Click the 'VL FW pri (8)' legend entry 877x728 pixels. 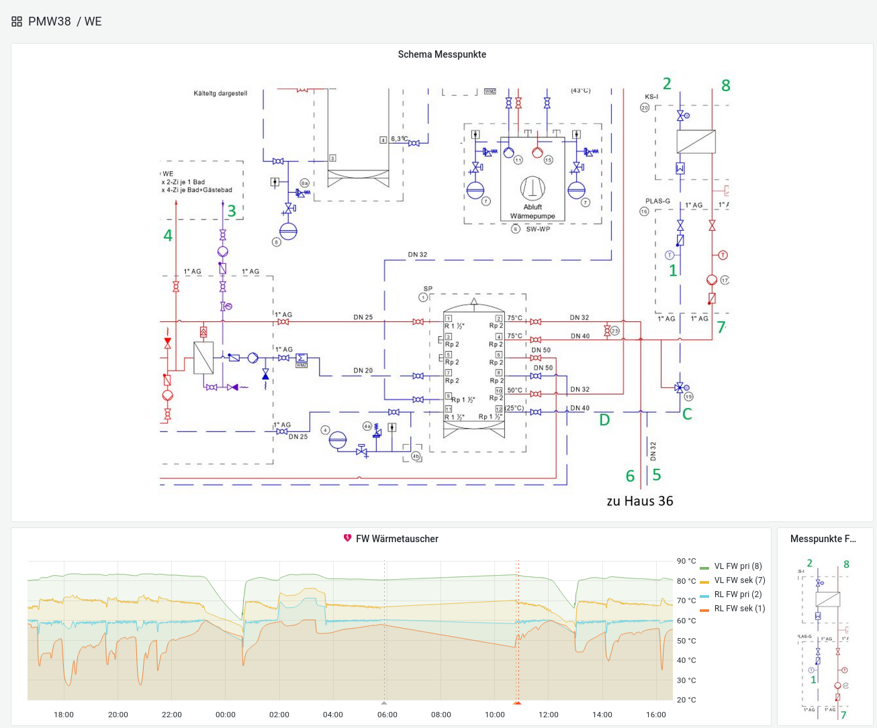click(x=737, y=566)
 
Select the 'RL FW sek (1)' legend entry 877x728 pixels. click(x=739, y=609)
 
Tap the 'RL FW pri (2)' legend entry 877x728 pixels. click(x=737, y=594)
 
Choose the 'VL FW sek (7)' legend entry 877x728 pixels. click(x=739, y=580)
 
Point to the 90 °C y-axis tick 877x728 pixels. click(x=686, y=561)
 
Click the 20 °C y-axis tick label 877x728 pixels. click(x=686, y=700)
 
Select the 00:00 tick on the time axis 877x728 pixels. click(x=226, y=715)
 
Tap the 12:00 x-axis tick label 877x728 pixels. click(x=549, y=715)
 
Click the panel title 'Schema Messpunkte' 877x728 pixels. click(x=442, y=54)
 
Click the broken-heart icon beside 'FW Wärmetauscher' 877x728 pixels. click(x=347, y=538)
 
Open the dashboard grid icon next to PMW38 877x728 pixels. click(x=17, y=21)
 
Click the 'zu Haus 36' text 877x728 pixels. click(x=639, y=501)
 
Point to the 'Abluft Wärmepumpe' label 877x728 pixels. click(x=533, y=211)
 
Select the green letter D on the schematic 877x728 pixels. click(x=604, y=420)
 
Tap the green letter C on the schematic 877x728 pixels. click(x=687, y=414)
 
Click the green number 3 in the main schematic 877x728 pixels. click(x=232, y=211)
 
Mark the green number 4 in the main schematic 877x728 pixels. click(x=168, y=236)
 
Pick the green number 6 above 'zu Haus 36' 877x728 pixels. click(x=630, y=476)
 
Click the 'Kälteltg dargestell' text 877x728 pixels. click(x=220, y=93)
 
